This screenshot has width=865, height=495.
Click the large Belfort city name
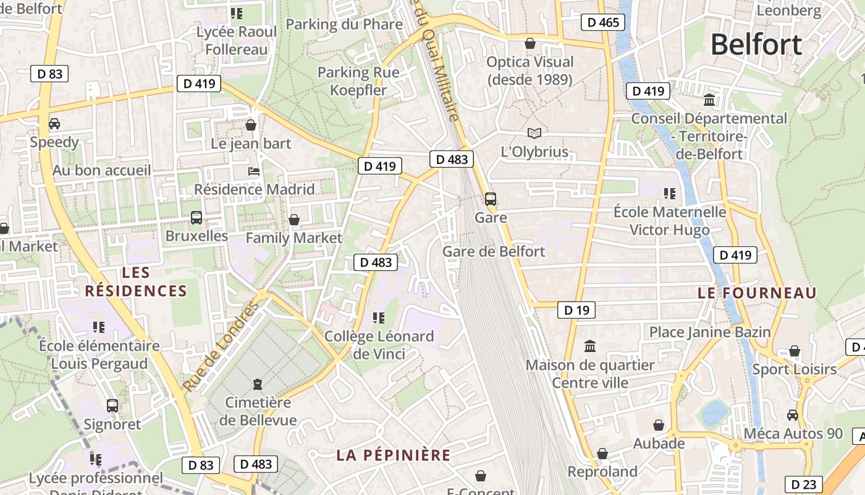[x=756, y=45]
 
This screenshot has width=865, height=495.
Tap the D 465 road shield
[x=603, y=23]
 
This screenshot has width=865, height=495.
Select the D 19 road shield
[x=576, y=310]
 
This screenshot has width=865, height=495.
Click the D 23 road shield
[x=804, y=484]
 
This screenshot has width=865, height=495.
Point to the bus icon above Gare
[x=491, y=199]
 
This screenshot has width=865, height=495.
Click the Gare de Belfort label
[x=494, y=251]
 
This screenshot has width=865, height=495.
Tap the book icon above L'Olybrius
[x=534, y=133]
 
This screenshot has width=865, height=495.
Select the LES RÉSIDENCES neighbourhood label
[x=136, y=282]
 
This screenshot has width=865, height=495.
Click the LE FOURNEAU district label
[x=757, y=293]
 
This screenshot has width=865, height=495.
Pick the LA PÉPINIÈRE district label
[x=394, y=455]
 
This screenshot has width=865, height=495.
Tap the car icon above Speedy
[x=54, y=123]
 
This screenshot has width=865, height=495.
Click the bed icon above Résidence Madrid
[x=253, y=171]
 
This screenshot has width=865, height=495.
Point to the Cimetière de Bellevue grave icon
[x=258, y=384]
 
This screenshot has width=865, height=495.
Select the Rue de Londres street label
[x=220, y=348]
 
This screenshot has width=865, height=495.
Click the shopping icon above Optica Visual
[x=530, y=43]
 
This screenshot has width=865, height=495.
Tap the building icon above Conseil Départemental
[x=709, y=100]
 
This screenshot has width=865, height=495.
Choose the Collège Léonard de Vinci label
[x=379, y=345]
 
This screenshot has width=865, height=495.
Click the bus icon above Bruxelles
[x=196, y=218]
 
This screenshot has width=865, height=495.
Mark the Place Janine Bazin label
[x=710, y=332]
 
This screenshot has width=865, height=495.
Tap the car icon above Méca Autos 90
[x=793, y=415]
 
